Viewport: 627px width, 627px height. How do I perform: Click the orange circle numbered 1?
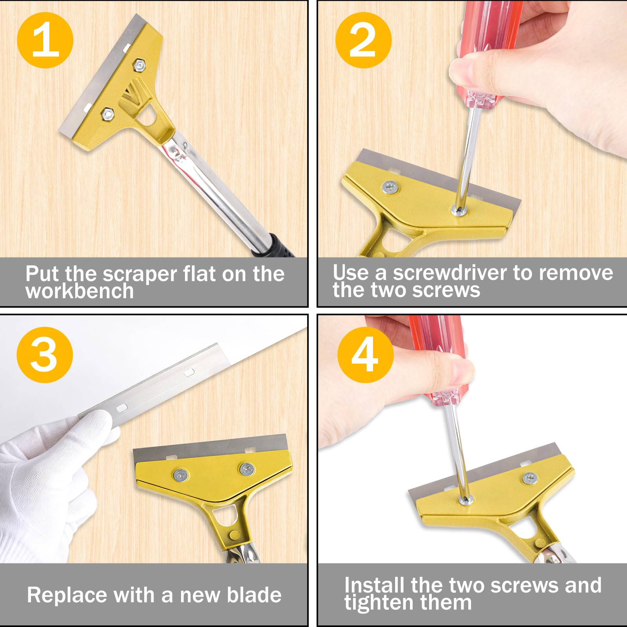tap(45, 40)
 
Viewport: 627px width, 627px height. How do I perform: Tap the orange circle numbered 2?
tap(363, 40)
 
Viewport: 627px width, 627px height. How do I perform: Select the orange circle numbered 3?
tap(45, 355)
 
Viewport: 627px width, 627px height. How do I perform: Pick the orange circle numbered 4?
tap(365, 355)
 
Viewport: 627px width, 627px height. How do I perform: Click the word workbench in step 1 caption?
tap(80, 291)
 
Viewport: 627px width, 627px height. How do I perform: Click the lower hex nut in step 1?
tap(107, 114)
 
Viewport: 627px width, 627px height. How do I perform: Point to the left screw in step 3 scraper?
tap(181, 475)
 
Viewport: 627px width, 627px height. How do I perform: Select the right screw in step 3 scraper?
tap(247, 468)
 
